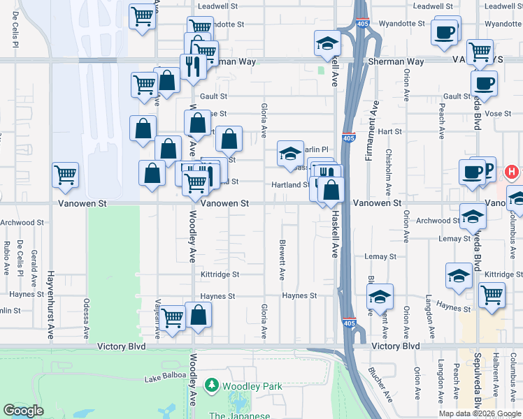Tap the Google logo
click(x=24, y=411)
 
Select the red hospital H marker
click(x=512, y=171)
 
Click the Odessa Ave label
click(x=87, y=315)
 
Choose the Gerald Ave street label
click(x=34, y=271)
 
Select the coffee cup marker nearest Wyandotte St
click(x=445, y=32)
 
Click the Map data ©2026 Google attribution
click(x=480, y=413)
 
